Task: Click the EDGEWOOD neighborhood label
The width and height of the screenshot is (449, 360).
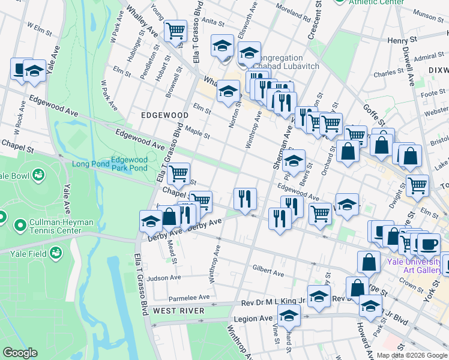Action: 164,115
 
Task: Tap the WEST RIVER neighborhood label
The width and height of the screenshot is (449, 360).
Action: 178,311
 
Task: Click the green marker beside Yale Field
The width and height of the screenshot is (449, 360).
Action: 56,253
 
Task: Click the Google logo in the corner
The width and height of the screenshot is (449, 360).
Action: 20,353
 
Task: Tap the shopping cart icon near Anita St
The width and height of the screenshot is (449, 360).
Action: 175,30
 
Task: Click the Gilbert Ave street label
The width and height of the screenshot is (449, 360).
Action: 267,271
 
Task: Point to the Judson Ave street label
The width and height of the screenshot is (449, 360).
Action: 164,278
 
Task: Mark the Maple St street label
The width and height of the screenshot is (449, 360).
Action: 197,133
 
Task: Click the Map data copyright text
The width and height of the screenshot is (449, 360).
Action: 412,355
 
